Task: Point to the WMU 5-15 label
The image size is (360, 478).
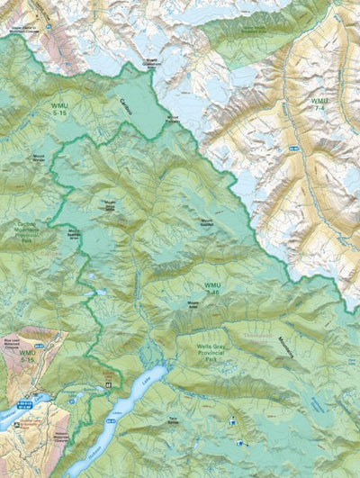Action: pyautogui.click(x=27, y=356)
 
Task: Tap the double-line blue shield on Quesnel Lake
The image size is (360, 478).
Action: pyautogui.click(x=34, y=399)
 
